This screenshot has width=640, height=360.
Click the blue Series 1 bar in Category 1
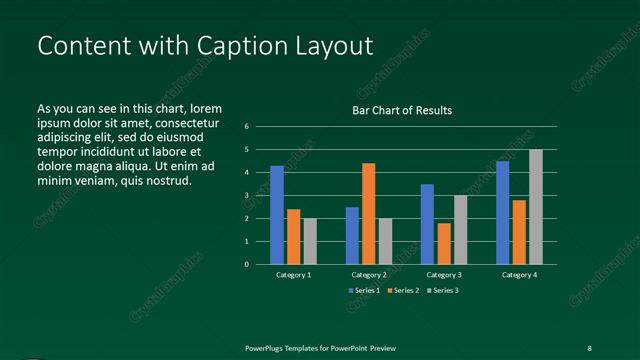[x=277, y=215]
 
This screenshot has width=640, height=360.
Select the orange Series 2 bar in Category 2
[x=369, y=213]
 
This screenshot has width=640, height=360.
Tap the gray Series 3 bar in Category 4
[x=536, y=207]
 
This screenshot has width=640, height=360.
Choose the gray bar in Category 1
[x=310, y=241]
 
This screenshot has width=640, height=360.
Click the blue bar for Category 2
[x=352, y=236]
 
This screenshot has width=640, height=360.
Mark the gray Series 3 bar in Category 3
[x=461, y=230]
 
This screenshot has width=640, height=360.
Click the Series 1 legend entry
[x=365, y=290]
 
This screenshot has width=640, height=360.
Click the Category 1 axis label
[x=293, y=274]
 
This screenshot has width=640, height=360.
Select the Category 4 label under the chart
[x=519, y=274]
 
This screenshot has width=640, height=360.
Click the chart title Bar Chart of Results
[x=402, y=110]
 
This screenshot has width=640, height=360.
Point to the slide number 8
[x=589, y=347]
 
